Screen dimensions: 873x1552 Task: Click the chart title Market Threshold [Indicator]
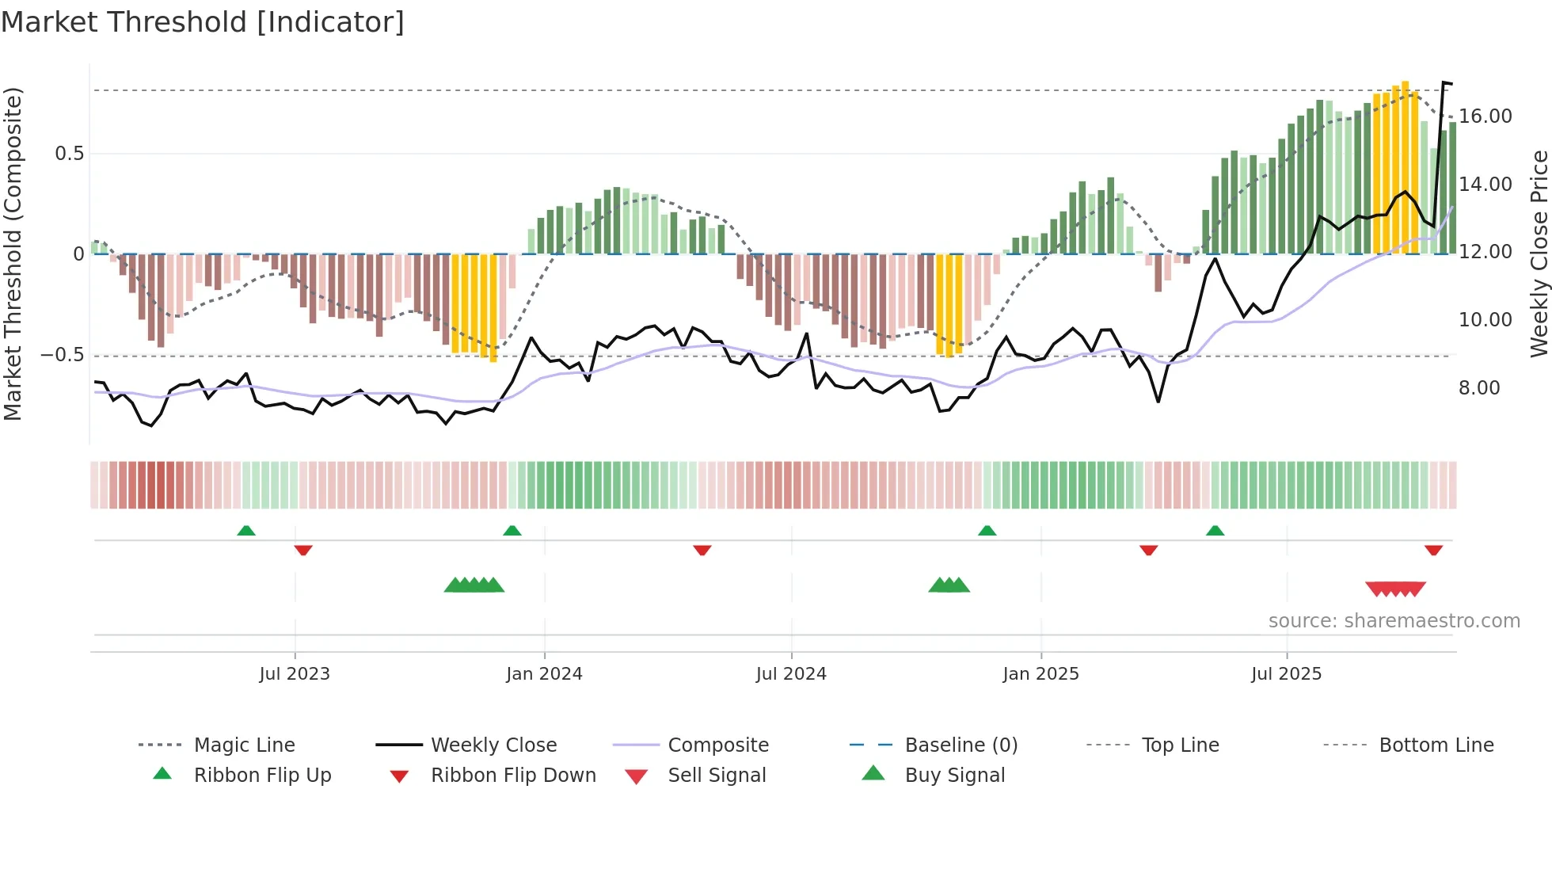pos(203,22)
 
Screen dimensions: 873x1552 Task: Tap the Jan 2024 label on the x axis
pos(544,674)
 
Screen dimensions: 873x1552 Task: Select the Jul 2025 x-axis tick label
pos(1286,674)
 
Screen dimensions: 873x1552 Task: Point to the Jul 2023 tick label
pos(294,674)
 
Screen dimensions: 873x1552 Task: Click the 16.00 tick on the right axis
pos(1485,116)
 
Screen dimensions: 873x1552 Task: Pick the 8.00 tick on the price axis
pos(1479,388)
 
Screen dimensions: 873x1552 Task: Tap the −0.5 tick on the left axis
pos(63,355)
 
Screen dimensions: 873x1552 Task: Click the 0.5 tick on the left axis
pos(69,154)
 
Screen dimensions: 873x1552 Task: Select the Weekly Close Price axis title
pos(1539,254)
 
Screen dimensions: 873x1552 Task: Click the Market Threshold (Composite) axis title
pos(13,254)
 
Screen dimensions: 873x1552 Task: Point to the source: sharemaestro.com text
pos(1394,621)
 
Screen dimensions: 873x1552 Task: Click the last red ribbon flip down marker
pos(1433,550)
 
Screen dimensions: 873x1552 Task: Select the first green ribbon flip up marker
pos(246,531)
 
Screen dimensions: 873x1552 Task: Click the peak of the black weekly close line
pos(1444,82)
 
